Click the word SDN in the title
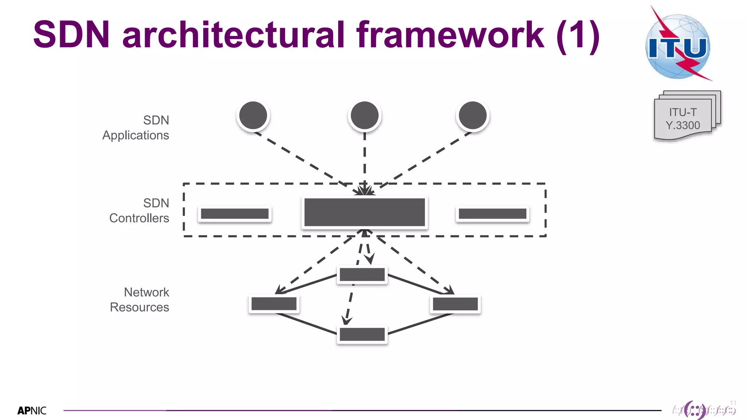[x=71, y=35]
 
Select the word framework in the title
[x=450, y=35]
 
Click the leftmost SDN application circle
[x=253, y=116]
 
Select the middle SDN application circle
[x=364, y=116]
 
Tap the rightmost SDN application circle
[x=472, y=116]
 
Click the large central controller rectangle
[x=364, y=213]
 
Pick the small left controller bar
[x=235, y=214]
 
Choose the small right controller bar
[x=492, y=214]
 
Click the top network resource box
[x=362, y=275]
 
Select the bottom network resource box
[x=362, y=334]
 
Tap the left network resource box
[x=274, y=304]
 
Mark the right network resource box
[x=455, y=304]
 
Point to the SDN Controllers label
[x=140, y=210]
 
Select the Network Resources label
[x=140, y=299]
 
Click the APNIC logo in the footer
[x=32, y=411]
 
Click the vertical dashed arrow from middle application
[x=364, y=160]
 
